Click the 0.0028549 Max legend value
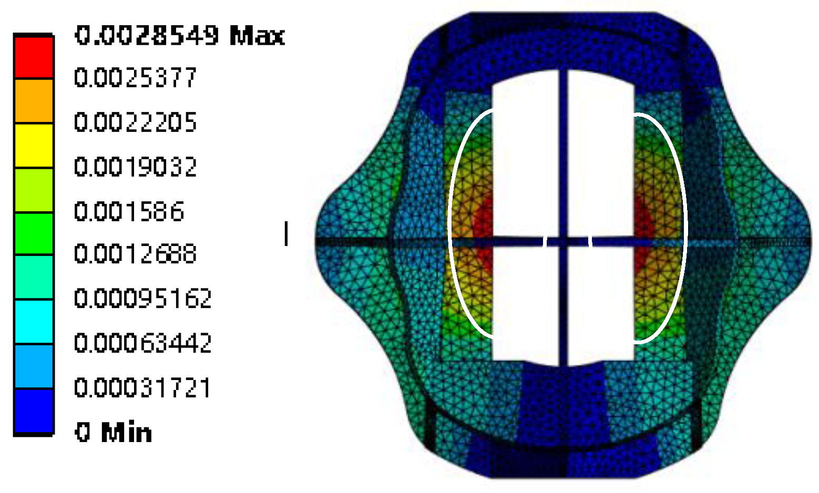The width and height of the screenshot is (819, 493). tap(179, 35)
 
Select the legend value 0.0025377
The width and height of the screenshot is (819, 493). tap(135, 77)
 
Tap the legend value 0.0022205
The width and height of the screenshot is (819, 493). tap(135, 122)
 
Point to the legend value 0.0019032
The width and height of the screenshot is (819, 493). tap(135, 167)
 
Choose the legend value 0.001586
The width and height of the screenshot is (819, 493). tap(129, 211)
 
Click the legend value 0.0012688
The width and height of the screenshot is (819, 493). tap(135, 254)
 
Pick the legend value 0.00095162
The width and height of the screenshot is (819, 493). tap(142, 298)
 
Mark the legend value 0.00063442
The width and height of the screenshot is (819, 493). tap(142, 343)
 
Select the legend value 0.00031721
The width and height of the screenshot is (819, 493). tap(142, 387)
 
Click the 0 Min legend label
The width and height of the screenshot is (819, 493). tap(113, 432)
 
